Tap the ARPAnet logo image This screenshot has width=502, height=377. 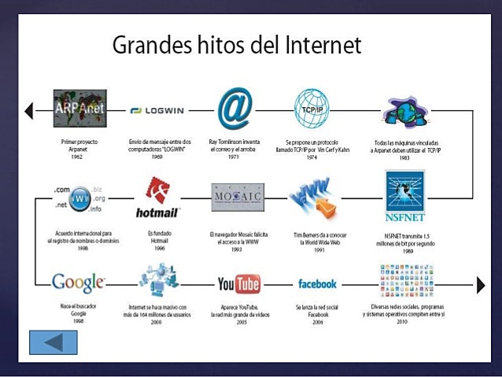[x=79, y=110]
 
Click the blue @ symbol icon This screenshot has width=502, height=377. [x=234, y=109]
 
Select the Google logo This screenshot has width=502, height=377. [x=77, y=282]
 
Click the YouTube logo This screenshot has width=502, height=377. [x=238, y=283]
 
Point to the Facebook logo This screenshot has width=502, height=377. [x=317, y=283]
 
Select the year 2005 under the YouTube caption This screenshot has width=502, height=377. [x=238, y=323]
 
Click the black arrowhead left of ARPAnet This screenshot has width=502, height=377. [x=29, y=111]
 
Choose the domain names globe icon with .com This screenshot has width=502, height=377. [x=78, y=198]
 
